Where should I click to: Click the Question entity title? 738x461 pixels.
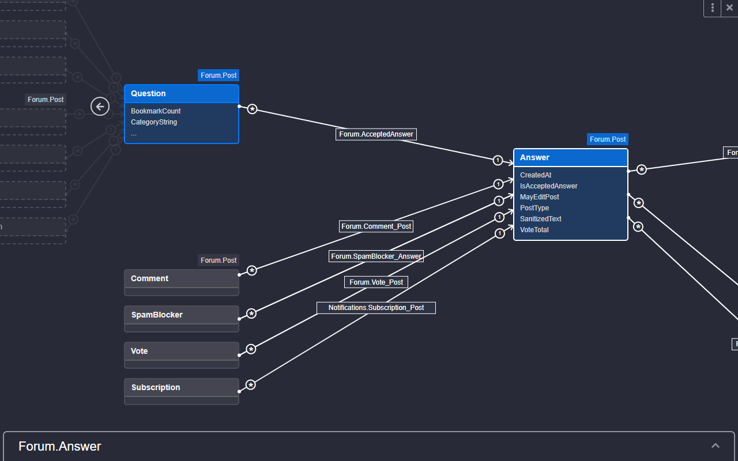(x=148, y=93)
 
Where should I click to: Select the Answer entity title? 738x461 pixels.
(x=534, y=157)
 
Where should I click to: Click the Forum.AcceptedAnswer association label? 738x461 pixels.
(x=376, y=134)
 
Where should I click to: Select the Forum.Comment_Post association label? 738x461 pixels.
(x=376, y=226)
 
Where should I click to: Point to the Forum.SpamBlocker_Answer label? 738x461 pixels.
(x=376, y=256)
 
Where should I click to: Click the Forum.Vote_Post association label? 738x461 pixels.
(x=376, y=282)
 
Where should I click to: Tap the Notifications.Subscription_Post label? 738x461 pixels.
(x=376, y=308)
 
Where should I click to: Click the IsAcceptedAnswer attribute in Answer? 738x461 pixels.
(x=548, y=186)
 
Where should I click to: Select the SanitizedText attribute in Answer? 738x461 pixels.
(x=540, y=219)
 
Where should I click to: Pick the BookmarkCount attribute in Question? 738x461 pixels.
(x=156, y=111)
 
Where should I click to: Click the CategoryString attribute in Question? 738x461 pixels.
(x=154, y=122)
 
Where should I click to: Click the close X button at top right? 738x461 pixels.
(x=729, y=7)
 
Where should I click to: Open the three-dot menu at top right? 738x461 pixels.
(x=713, y=7)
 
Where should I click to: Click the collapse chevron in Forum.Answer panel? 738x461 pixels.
(x=716, y=445)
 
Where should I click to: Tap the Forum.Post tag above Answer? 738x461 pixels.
(x=608, y=139)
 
